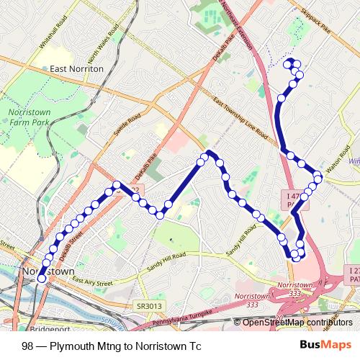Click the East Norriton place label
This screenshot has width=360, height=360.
point(78,68)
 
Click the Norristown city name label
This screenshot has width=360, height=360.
point(49,271)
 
